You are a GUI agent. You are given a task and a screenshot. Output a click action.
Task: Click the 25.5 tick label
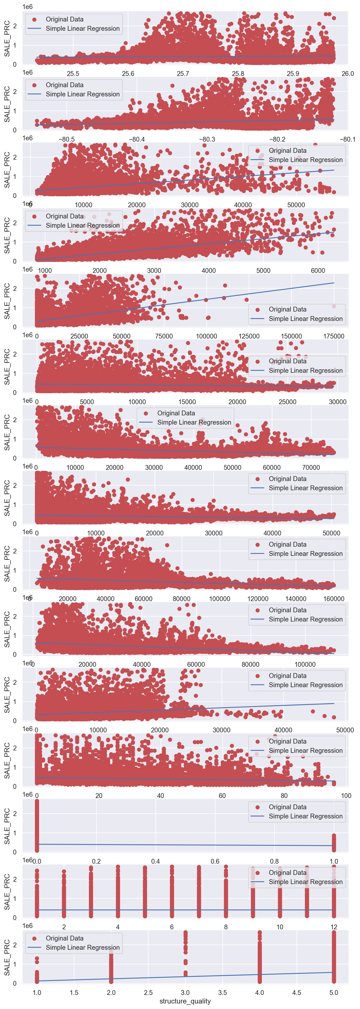[x=73, y=74]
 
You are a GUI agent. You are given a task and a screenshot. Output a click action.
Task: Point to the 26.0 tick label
[x=347, y=74]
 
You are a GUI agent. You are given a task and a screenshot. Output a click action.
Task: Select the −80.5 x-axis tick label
[x=67, y=139]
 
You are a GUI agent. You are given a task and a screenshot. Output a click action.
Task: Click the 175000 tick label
[x=333, y=336]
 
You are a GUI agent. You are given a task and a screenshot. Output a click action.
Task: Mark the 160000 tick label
[x=333, y=598]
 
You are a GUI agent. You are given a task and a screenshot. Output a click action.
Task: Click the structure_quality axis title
[x=185, y=1001]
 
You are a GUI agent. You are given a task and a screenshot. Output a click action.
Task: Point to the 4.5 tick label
[x=297, y=993]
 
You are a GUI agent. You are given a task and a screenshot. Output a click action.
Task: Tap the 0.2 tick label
[x=96, y=861]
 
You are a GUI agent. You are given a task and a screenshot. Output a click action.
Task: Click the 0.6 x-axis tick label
[x=215, y=861]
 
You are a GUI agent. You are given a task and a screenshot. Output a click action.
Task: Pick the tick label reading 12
[x=334, y=927]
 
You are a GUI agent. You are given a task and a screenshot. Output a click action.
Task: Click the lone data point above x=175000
[x=334, y=306]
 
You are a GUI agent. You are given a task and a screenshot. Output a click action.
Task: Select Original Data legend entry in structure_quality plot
[x=64, y=939]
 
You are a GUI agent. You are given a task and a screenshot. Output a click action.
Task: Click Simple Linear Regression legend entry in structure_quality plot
[x=82, y=948]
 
